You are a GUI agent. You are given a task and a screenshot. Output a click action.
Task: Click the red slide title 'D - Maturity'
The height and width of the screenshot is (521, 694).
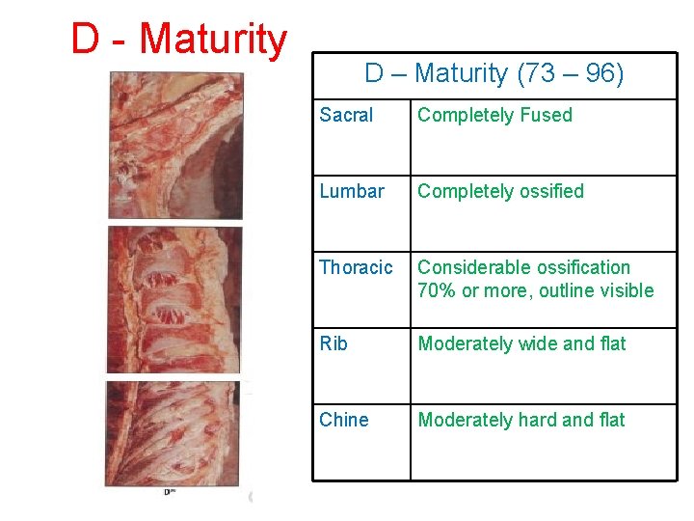pos(178,40)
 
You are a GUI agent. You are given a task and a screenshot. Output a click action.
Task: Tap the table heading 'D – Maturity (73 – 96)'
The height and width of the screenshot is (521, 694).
pos(494,73)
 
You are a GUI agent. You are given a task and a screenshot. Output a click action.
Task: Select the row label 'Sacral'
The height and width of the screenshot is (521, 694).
pos(346,116)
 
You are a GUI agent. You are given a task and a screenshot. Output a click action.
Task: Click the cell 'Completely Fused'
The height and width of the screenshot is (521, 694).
pos(494,116)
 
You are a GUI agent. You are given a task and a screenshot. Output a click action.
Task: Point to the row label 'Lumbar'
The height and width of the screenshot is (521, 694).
pos(351,192)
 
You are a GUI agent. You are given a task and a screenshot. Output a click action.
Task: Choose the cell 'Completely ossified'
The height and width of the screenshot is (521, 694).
pos(500,192)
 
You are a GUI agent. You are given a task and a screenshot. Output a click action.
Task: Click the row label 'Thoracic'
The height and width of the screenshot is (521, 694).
pos(356,268)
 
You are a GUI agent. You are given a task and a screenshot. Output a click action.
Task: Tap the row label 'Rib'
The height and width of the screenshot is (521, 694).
pos(333,344)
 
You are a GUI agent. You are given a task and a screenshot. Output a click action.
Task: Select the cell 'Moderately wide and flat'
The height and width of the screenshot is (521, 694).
pos(521,344)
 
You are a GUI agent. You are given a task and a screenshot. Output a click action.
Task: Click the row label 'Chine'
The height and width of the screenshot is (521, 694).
pos(343,421)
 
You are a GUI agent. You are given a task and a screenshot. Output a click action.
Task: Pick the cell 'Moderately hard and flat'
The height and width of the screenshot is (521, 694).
pos(520,421)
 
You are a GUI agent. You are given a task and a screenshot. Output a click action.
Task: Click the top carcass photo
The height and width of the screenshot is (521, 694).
pos(175,147)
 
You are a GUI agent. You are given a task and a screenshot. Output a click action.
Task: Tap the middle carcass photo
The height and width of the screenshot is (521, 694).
pos(175,299)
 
